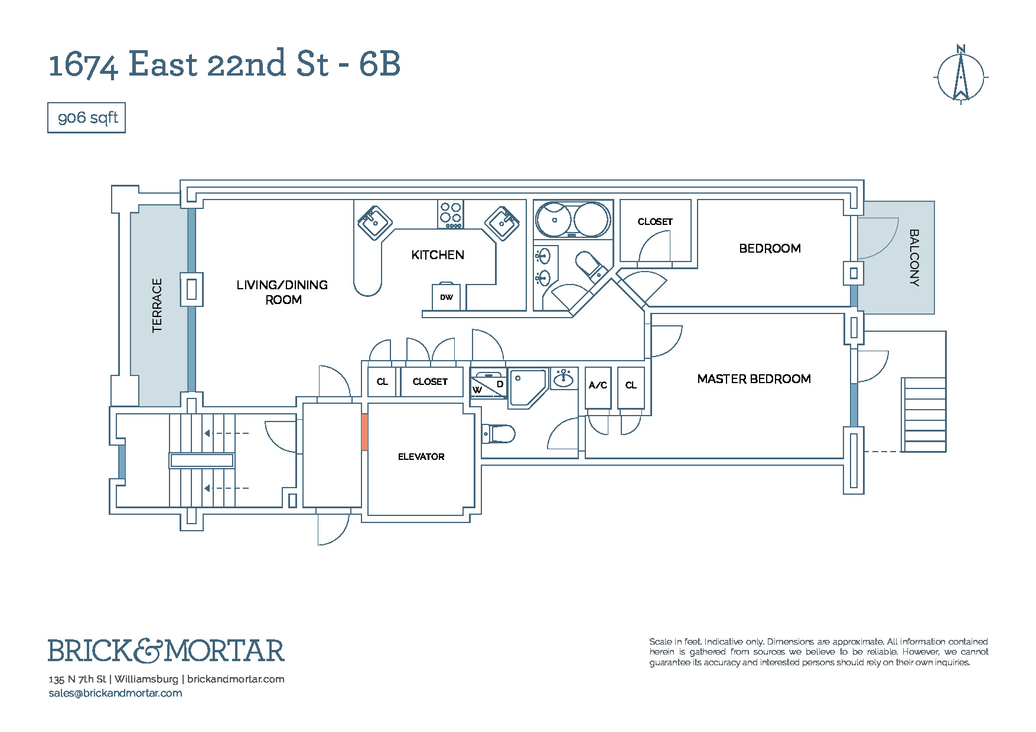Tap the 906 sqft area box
87,118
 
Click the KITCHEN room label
438,255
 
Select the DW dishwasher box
447,297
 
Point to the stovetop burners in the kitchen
451,214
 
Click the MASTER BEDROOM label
754,379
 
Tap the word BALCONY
914,258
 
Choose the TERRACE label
157,305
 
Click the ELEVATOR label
421,456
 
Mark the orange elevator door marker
364,432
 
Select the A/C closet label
598,385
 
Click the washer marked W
478,390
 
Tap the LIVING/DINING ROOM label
282,292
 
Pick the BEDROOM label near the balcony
770,249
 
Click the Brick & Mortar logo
166,651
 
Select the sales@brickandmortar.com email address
115,693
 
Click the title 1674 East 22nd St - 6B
224,64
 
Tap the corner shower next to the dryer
527,387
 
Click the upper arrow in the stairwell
227,433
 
